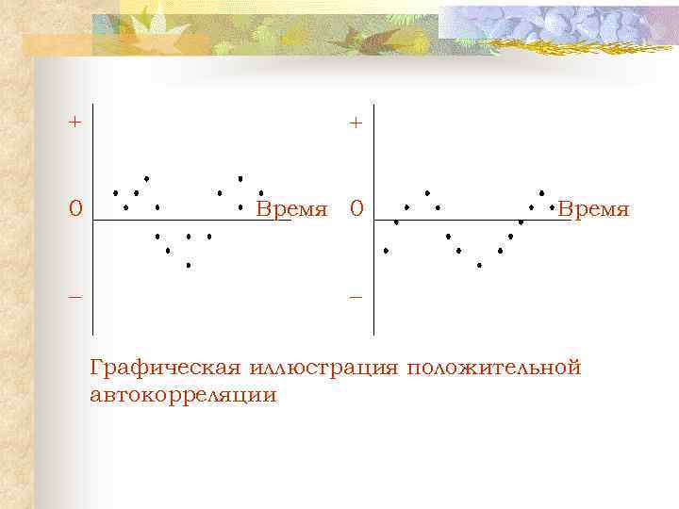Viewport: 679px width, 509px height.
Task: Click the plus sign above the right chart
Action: click(x=355, y=123)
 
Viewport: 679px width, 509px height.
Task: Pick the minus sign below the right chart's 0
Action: click(x=356, y=296)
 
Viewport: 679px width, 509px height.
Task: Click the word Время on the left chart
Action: click(x=292, y=207)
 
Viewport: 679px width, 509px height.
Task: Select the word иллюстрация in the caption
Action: click(x=325, y=367)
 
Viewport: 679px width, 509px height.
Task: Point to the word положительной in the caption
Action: click(x=494, y=367)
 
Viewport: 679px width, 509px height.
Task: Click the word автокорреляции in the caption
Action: click(x=184, y=395)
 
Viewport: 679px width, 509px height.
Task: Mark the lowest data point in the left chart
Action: click(x=189, y=266)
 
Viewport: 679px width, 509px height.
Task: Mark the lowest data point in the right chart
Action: click(x=479, y=266)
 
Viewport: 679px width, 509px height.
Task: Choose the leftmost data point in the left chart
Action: click(x=116, y=193)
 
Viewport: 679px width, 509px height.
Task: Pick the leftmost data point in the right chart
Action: click(x=386, y=251)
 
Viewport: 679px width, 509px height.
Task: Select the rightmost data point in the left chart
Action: click(x=261, y=193)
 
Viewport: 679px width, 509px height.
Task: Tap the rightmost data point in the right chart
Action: click(x=552, y=206)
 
